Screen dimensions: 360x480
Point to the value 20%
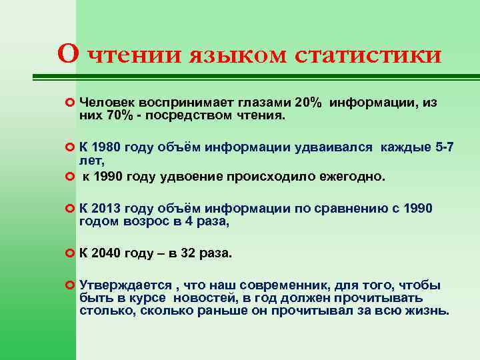[x=308, y=103]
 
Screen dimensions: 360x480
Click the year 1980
[x=107, y=147]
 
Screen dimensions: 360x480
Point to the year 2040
[x=107, y=253]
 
